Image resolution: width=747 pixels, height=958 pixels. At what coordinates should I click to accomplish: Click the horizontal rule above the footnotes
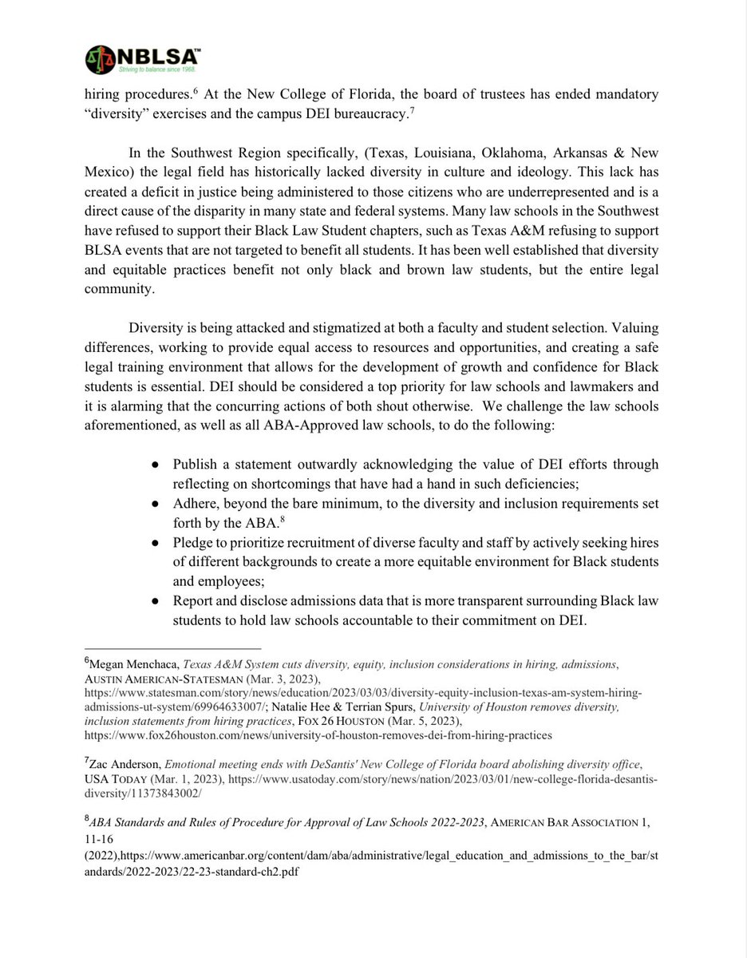pyautogui.click(x=172, y=647)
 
